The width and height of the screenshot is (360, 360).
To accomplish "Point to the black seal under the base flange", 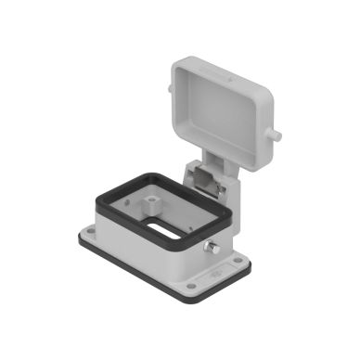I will (139, 269).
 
